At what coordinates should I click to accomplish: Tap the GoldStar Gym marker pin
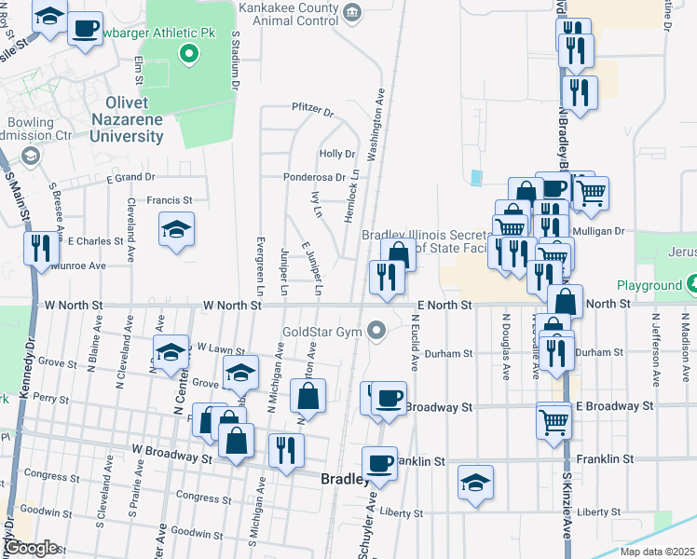[x=376, y=330]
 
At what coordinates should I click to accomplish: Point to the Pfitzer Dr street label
[x=312, y=110]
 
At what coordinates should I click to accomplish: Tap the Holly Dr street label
[x=337, y=154]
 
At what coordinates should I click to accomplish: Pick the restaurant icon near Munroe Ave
[x=40, y=249]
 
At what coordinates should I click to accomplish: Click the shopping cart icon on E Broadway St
[x=553, y=420]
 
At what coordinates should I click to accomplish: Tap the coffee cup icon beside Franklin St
[x=379, y=463]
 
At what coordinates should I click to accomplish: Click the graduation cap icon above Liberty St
[x=476, y=483]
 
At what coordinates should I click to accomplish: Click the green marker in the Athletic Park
[x=190, y=53]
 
